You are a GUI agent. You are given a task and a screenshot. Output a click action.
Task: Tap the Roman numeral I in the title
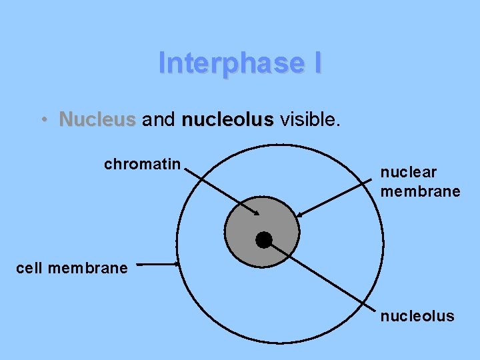click(x=316, y=63)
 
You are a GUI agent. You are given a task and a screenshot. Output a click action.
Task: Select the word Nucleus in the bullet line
click(x=97, y=120)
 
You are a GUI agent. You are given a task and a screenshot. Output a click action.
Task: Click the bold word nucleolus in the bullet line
click(x=227, y=120)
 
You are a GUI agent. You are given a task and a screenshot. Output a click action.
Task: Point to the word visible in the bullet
click(x=310, y=120)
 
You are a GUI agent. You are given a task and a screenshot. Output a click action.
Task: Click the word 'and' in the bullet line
click(x=159, y=120)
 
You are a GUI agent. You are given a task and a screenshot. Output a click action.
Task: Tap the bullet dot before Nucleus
click(x=43, y=120)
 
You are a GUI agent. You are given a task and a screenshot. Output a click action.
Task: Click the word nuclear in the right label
click(x=408, y=172)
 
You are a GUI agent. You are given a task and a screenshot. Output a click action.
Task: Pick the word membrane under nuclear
click(x=420, y=191)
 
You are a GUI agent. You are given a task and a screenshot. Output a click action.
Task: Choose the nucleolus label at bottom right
click(x=417, y=315)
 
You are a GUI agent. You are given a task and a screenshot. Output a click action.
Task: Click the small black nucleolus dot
click(x=264, y=240)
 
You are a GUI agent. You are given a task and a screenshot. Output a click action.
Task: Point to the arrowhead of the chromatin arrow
click(x=257, y=213)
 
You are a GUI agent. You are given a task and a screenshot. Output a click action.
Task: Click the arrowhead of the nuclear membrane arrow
click(x=299, y=215)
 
